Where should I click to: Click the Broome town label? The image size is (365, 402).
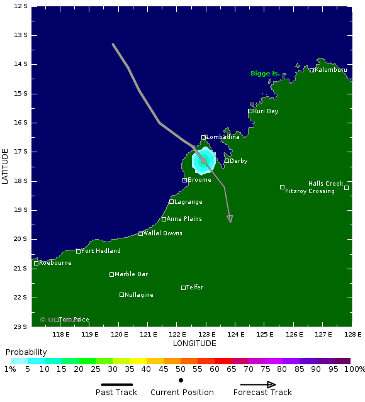[x=199, y=180]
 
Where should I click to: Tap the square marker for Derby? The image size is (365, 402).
[x=227, y=160]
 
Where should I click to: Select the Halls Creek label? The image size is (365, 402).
[x=326, y=184]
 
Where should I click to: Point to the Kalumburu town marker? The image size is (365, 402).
[x=312, y=70]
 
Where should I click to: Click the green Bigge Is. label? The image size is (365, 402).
[x=265, y=74]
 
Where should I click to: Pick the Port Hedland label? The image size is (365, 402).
[x=101, y=251]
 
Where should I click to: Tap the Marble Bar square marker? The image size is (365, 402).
[x=111, y=274]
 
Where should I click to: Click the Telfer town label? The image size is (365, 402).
[x=194, y=288]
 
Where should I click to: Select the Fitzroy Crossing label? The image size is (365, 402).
[x=310, y=191]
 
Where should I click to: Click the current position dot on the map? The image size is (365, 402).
[x=204, y=161]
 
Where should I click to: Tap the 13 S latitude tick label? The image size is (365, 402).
[x=20, y=35]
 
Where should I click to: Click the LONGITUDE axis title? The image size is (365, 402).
[x=194, y=343]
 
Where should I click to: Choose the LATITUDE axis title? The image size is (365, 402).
[x=6, y=166]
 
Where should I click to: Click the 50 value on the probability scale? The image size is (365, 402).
[x=181, y=369]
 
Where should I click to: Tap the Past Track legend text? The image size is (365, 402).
[x=116, y=393]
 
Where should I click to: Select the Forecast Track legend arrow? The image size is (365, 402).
[x=262, y=384]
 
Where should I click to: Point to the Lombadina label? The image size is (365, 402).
[x=223, y=137]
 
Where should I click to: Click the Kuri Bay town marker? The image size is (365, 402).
[x=250, y=111]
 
